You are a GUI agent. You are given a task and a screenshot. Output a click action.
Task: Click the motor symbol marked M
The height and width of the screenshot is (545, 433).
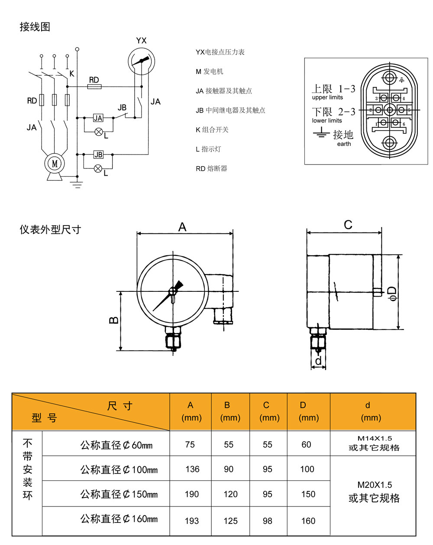(x=55, y=164)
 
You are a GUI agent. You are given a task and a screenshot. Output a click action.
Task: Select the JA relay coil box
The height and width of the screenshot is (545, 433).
(x=98, y=118)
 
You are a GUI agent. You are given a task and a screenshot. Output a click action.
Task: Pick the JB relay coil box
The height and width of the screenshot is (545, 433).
(x=98, y=155)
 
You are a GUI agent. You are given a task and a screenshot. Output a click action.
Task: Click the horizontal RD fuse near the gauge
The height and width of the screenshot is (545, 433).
(x=94, y=87)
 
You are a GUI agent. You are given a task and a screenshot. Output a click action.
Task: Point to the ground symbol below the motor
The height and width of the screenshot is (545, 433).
(x=77, y=184)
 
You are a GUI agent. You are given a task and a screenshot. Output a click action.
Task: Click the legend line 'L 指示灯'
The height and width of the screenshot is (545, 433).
(x=208, y=149)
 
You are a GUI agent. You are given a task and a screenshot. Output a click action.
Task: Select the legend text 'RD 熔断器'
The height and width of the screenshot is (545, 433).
(x=211, y=168)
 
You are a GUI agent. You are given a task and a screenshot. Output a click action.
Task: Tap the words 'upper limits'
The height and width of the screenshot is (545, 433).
(x=327, y=97)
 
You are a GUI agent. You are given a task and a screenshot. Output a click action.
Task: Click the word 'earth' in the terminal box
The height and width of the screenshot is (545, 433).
(x=344, y=144)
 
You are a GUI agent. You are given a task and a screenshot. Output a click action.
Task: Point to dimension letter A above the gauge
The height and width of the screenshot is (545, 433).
(x=182, y=227)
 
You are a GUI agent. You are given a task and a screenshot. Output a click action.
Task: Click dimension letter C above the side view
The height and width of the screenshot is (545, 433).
(x=348, y=225)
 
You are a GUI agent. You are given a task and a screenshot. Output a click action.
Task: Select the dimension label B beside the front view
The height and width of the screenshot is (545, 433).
(x=114, y=320)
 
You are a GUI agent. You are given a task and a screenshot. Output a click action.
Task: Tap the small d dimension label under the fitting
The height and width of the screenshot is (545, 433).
(x=318, y=361)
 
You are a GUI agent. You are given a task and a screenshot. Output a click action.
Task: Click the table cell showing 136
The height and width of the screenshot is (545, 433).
(x=192, y=469)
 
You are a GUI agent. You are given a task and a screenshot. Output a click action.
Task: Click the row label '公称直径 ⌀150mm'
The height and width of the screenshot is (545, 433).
(x=119, y=494)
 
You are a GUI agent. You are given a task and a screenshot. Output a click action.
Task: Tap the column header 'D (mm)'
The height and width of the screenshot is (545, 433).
(x=308, y=411)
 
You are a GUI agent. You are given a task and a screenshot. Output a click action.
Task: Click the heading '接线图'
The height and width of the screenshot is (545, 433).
(x=35, y=27)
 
